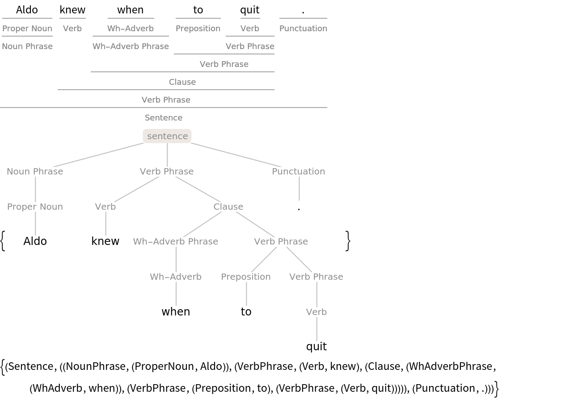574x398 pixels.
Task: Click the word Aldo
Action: pos(35,241)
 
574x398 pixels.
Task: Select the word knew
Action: pos(106,241)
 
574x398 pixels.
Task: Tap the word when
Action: pos(176,311)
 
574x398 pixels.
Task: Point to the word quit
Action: pos(317,347)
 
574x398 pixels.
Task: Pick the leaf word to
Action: pos(246,311)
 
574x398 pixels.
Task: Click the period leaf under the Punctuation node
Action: pos(299,207)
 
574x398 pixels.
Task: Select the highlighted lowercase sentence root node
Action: pos(167,136)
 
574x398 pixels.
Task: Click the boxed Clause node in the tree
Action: pos(228,207)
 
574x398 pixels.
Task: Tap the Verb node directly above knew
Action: pos(106,207)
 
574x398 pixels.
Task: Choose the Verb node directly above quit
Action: pos(317,312)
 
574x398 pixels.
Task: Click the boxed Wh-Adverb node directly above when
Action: pos(176,277)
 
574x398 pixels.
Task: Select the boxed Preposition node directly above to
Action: pos(246,277)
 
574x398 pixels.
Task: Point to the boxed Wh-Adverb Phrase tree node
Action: pos(176,241)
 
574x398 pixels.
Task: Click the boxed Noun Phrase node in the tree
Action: pos(35,171)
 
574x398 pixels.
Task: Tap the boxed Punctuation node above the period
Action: pos(299,171)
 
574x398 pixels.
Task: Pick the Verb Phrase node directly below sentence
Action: pos(167,171)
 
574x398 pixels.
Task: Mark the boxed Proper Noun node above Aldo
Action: pos(35,207)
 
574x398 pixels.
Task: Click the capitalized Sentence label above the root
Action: pos(164,118)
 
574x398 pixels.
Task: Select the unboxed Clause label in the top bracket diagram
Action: pos(182,82)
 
